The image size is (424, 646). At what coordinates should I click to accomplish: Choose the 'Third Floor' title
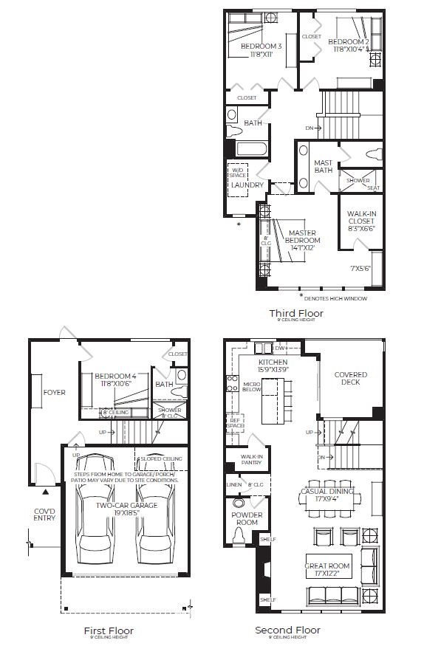coord(295,313)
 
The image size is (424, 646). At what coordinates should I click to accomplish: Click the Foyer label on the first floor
coord(55,392)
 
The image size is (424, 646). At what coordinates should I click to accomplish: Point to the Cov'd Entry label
coord(44,513)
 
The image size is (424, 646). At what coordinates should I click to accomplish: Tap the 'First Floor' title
coord(109,630)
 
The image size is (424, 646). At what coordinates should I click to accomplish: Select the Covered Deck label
coord(350,379)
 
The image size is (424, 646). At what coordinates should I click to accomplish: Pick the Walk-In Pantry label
coord(252,460)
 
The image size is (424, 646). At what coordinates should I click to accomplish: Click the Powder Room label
coord(245,518)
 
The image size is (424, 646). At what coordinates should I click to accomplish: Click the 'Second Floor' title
coord(287,630)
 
